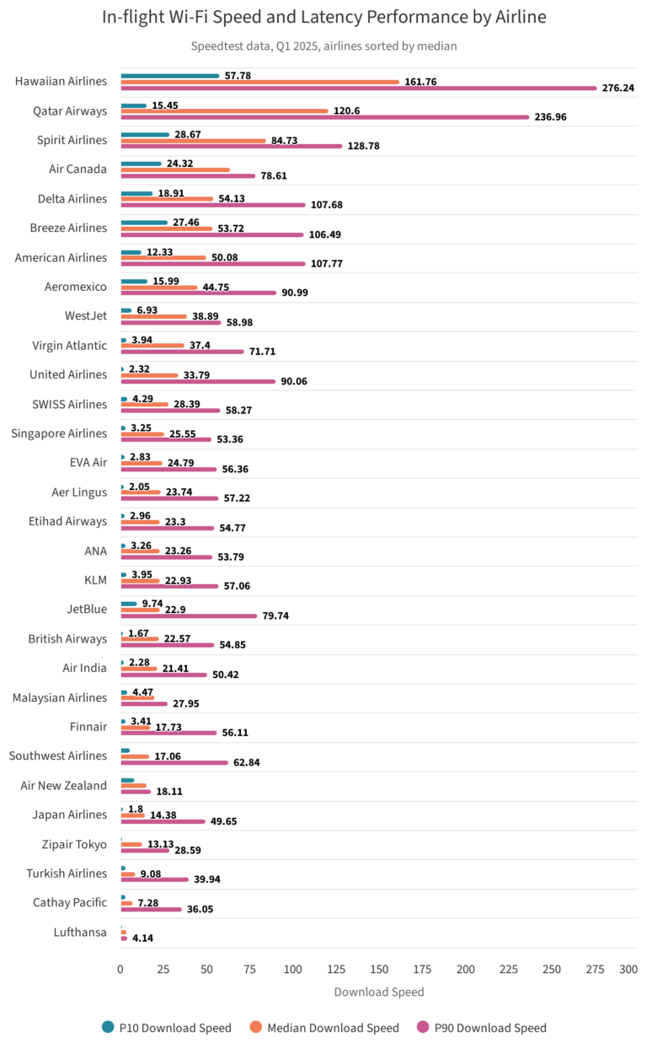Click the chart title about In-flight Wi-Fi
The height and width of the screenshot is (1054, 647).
click(323, 17)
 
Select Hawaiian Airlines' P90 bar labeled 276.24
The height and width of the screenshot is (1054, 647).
click(358, 88)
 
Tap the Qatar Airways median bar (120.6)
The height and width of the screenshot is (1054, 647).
click(224, 110)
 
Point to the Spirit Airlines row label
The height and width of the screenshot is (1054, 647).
click(72, 140)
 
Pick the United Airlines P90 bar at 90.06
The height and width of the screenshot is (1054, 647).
click(198, 381)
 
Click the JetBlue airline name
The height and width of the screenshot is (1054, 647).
click(87, 609)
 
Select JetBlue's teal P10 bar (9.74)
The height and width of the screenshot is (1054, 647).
click(129, 604)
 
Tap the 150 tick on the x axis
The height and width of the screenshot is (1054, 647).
click(379, 971)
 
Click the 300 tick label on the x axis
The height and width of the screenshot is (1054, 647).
click(628, 971)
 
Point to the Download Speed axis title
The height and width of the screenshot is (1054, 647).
click(379, 992)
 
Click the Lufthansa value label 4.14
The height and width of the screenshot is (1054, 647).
click(142, 938)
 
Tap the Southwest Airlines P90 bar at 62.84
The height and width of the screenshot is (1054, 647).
click(174, 762)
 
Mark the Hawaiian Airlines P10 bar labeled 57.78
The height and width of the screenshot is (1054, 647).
click(169, 76)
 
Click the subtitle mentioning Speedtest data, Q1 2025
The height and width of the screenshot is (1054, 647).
click(323, 46)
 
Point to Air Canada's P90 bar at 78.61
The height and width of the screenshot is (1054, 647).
click(188, 175)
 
